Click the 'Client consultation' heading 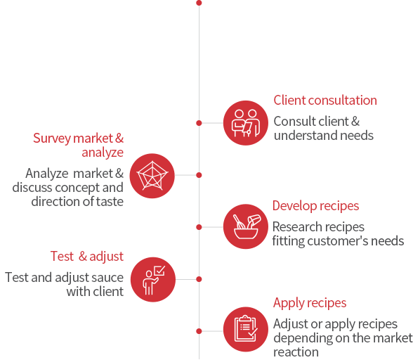click(x=325, y=101)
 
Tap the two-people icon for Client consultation click(x=246, y=123)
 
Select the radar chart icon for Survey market click(x=152, y=176)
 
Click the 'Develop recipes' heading click(x=315, y=206)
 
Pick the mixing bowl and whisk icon click(x=246, y=226)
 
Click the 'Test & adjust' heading click(x=87, y=257)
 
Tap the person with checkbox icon click(x=153, y=280)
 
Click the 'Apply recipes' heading click(x=310, y=303)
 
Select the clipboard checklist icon click(x=246, y=329)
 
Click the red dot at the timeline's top click(x=199, y=3)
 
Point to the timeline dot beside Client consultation click(x=199, y=123)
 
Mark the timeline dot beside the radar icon click(x=199, y=175)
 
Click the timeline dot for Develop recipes click(x=199, y=227)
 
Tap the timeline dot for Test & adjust click(x=199, y=279)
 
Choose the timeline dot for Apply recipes click(x=199, y=331)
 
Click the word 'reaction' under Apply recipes click(x=296, y=352)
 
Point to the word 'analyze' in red click(x=103, y=153)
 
